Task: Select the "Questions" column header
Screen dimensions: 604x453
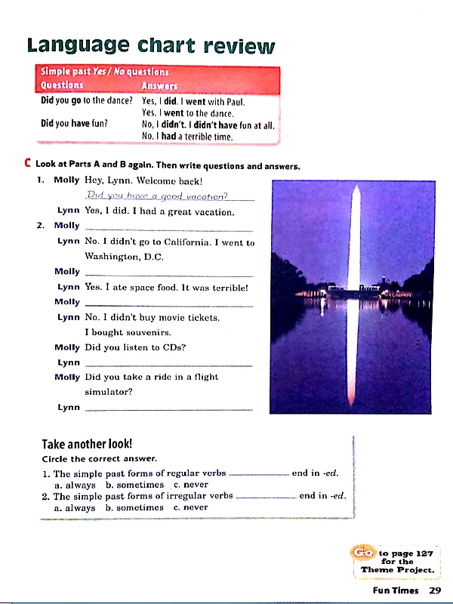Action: (x=62, y=85)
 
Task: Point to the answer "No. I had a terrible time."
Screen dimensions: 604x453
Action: (x=186, y=137)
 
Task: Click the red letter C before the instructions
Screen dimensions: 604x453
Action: (x=27, y=164)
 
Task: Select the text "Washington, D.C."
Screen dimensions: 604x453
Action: (x=124, y=257)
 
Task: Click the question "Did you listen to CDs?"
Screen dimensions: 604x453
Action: (x=135, y=347)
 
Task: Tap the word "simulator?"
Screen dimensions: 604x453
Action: (x=109, y=392)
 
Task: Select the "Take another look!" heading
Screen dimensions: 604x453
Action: (x=87, y=444)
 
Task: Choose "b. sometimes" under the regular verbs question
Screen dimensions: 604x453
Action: (x=134, y=485)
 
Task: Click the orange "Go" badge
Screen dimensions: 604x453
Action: (x=363, y=553)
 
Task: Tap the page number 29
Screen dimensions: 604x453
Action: (x=434, y=591)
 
